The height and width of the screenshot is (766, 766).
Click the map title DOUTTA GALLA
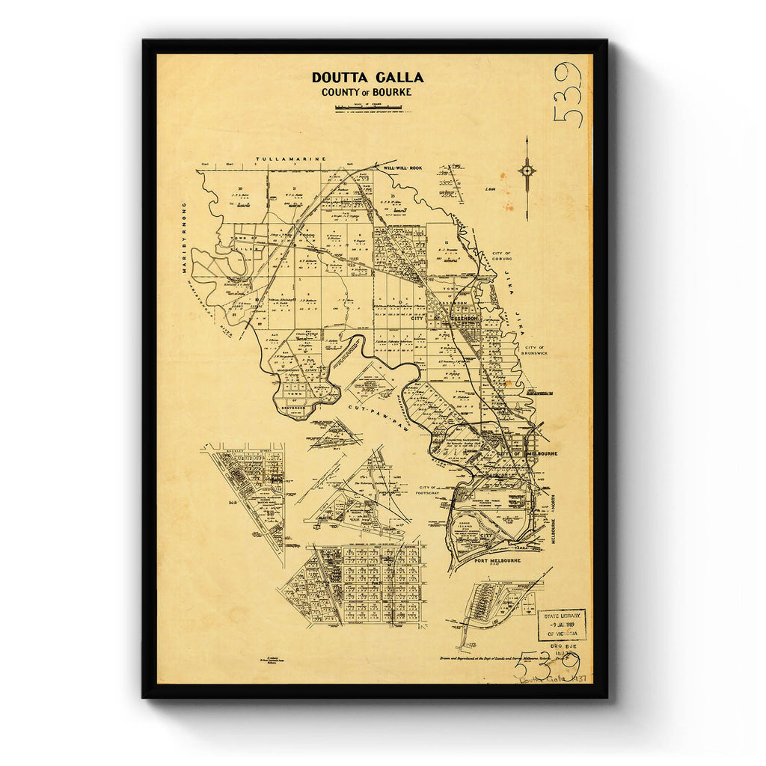367,77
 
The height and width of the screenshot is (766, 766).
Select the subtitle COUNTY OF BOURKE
367,93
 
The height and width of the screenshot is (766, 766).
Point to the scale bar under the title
369,108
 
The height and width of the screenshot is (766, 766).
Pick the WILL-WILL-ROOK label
402,168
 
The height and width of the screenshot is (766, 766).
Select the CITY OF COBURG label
501,258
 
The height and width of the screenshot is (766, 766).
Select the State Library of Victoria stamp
562,625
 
